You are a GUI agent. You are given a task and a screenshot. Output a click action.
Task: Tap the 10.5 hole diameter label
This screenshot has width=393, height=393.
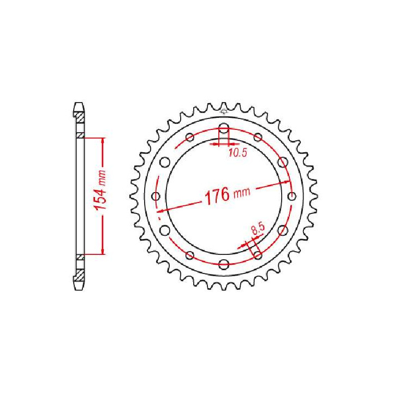237,153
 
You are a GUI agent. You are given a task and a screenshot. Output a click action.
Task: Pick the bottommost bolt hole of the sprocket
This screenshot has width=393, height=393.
224,265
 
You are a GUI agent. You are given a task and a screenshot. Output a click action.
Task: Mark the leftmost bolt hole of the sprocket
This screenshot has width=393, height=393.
156,196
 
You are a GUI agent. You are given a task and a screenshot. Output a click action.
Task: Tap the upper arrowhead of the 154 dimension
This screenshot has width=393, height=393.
102,140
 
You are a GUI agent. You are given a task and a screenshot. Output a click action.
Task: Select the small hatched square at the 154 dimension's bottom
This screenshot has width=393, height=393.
80,257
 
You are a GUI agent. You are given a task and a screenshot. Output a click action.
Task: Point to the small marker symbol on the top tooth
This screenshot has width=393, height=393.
224,112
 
